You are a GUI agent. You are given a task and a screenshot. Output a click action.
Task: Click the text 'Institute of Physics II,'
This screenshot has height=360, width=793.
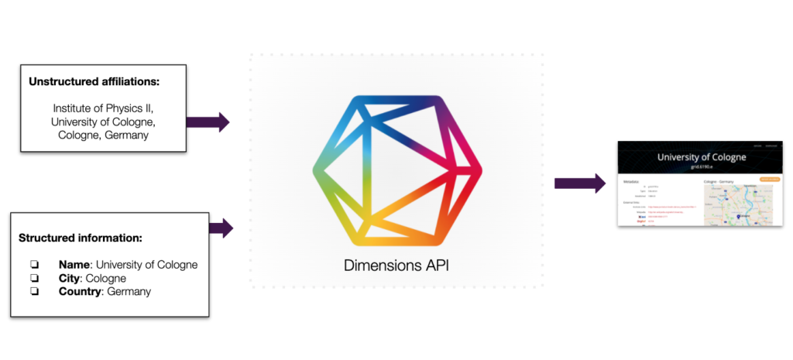point(103,108)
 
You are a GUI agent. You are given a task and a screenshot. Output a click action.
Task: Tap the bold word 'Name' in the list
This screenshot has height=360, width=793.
point(74,265)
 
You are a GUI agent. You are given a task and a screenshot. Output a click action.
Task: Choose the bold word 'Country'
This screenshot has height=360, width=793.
point(80,292)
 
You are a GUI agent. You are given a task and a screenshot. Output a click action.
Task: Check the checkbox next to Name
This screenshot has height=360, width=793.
point(33,265)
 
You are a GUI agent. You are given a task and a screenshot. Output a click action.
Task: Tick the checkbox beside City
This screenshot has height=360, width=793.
point(33,278)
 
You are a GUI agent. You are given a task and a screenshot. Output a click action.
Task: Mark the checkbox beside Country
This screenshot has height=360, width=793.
point(33,292)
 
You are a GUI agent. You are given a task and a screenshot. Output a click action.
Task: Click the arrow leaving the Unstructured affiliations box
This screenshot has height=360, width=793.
point(208,122)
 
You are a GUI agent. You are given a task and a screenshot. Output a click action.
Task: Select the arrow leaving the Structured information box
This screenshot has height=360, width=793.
point(221,228)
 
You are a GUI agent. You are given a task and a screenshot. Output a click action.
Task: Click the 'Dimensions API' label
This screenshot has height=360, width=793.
point(396,266)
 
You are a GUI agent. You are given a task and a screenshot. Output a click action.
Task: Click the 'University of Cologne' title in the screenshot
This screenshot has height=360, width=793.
point(702,157)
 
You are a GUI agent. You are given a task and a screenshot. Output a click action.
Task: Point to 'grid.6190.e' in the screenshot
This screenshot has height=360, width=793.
point(702,166)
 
